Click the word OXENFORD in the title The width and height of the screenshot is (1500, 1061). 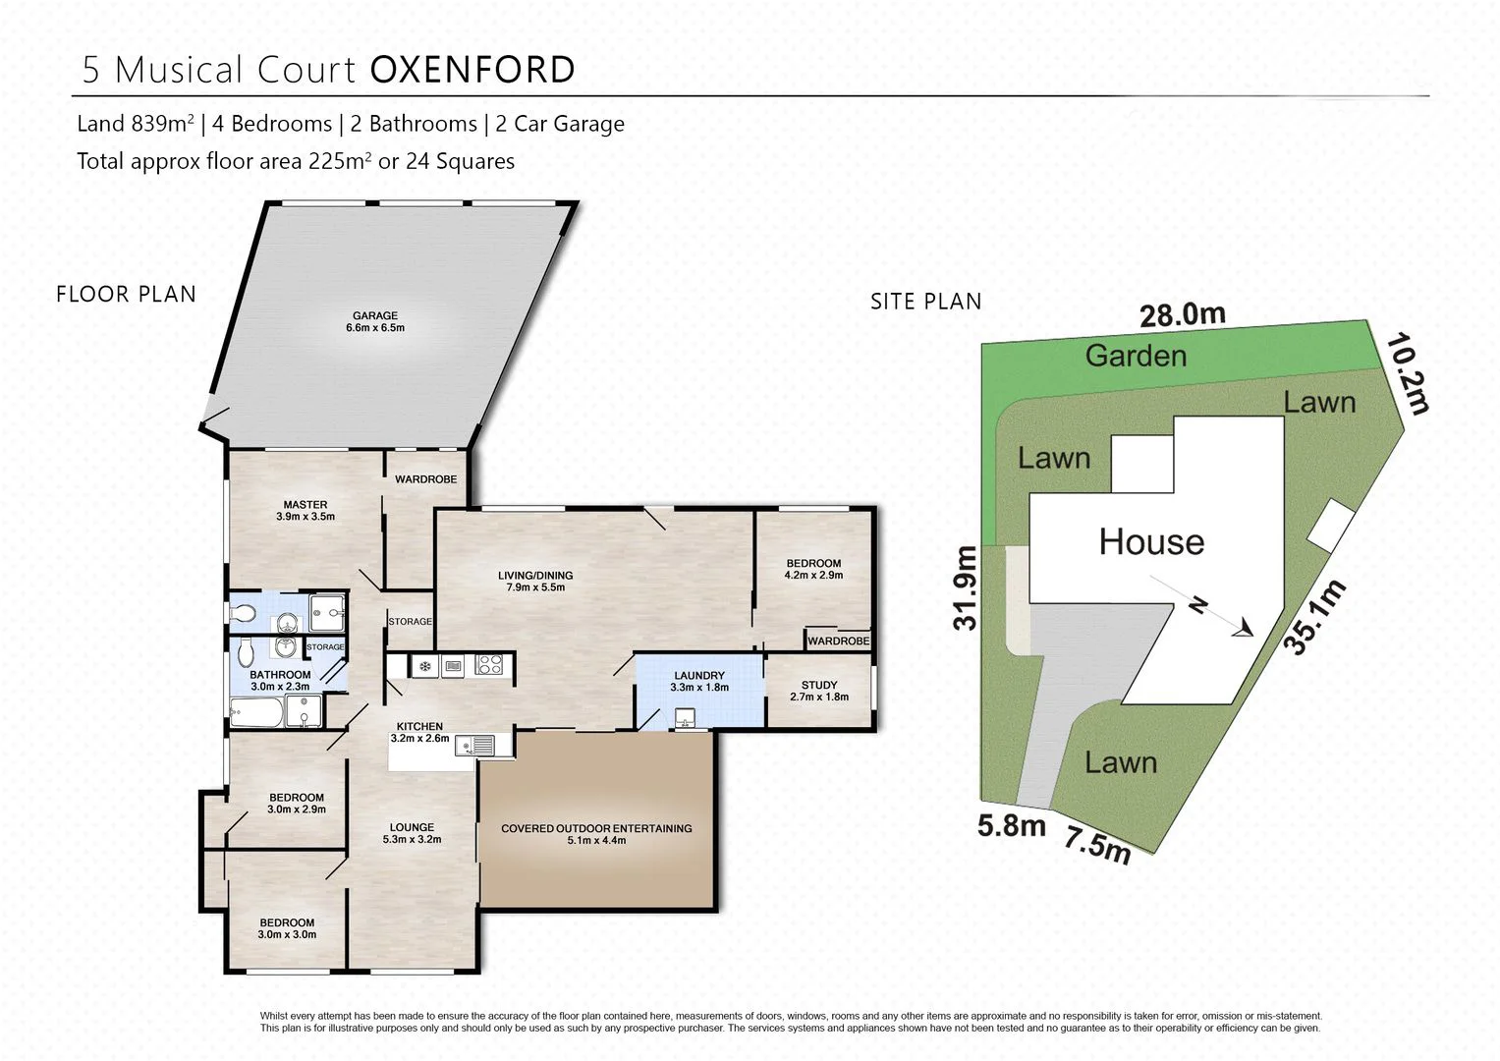(472, 71)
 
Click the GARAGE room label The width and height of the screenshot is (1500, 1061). (374, 316)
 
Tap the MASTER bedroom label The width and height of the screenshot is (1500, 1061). (305, 505)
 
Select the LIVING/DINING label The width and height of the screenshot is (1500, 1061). (535, 576)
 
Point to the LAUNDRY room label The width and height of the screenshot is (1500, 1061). (699, 676)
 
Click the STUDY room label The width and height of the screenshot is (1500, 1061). (819, 685)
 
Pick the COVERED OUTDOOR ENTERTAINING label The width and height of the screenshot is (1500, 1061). (596, 828)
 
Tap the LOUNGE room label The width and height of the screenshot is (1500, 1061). (412, 827)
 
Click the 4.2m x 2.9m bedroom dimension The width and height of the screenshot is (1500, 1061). (813, 576)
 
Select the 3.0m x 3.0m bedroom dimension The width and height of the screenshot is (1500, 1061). (287, 935)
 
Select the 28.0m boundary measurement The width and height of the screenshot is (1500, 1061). (1182, 314)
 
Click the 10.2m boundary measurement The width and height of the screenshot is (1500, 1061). (1408, 373)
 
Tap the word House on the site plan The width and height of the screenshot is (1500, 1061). (1151, 542)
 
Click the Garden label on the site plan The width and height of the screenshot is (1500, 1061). (1136, 356)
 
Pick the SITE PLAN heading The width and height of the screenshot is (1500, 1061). (925, 302)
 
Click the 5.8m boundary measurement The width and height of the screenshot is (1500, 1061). (1011, 826)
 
